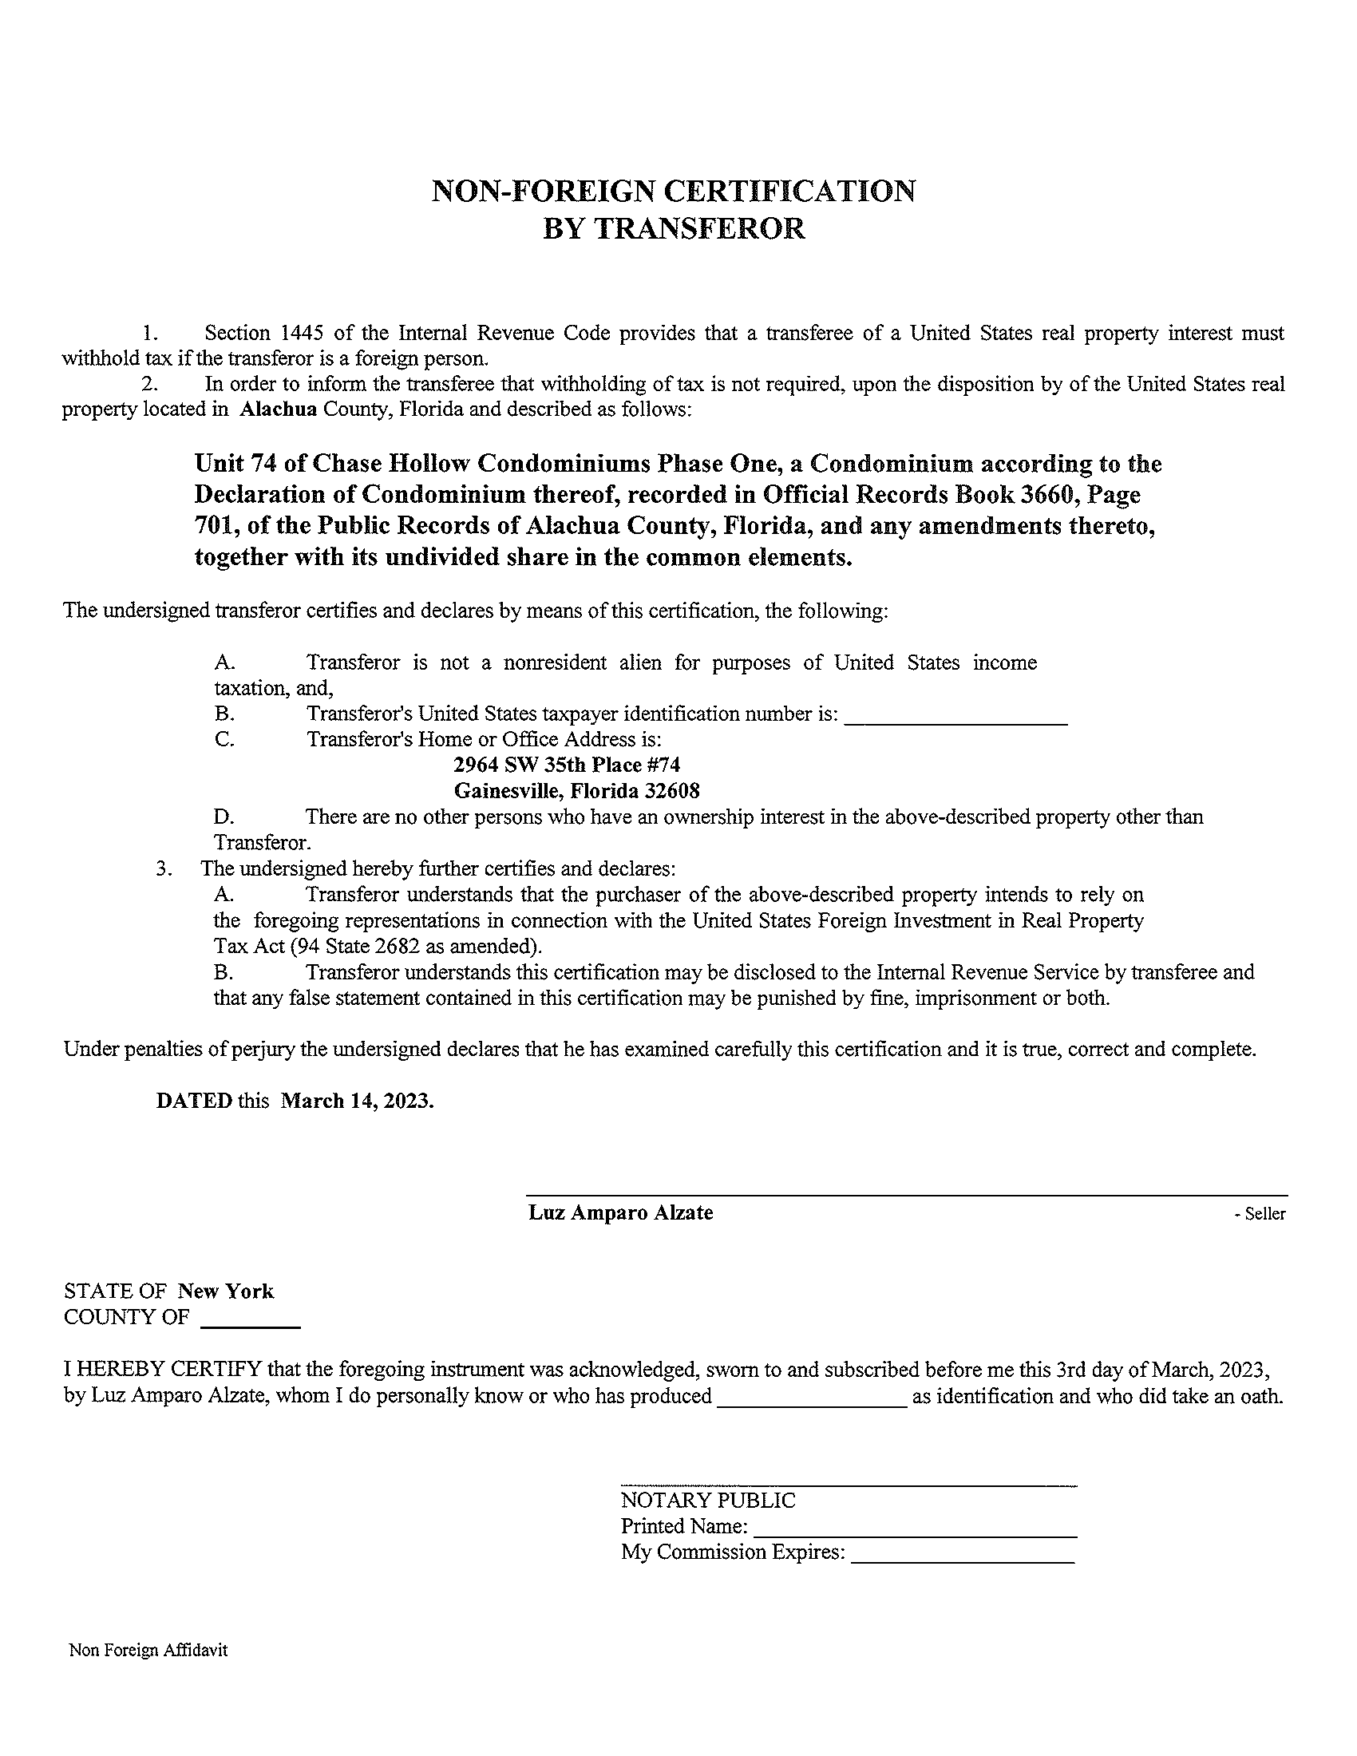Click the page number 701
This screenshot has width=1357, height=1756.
214,526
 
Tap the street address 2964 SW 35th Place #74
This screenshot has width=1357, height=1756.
567,764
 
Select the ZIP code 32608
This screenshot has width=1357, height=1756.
672,790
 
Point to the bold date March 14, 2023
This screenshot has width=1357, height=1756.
357,1101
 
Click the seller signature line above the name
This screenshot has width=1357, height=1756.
906,1196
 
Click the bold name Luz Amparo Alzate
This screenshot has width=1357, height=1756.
620,1212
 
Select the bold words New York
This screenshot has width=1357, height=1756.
226,1291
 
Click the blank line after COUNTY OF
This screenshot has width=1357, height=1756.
249,1325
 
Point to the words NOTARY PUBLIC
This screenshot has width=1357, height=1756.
708,1501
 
